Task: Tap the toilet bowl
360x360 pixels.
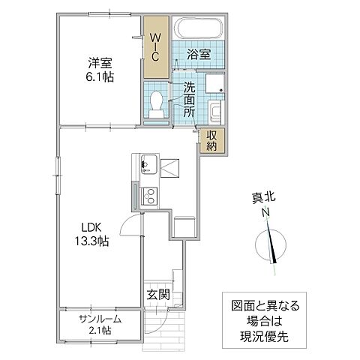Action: [157, 103]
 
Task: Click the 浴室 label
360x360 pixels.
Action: [198, 55]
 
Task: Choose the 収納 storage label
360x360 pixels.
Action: [212, 140]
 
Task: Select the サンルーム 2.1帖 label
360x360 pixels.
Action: [100, 324]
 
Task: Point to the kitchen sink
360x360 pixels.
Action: [146, 163]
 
